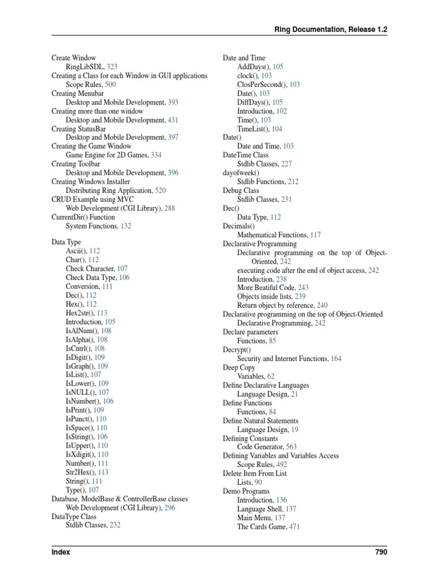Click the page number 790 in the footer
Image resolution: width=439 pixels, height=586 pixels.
380,552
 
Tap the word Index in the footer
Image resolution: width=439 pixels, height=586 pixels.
61,552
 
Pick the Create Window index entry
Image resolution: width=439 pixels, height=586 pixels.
74,58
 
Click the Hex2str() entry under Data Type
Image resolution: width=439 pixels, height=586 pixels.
80,313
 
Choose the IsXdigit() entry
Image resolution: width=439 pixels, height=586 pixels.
79,454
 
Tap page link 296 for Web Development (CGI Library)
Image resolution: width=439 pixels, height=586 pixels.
169,508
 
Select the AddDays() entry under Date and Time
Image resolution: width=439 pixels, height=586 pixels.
254,67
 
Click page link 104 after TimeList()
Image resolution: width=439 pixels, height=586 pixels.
277,129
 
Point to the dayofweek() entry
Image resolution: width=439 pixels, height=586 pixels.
241,173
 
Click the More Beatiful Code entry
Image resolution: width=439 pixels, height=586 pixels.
266,288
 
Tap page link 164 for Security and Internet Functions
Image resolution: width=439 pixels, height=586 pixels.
336,359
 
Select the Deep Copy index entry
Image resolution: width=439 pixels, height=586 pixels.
239,367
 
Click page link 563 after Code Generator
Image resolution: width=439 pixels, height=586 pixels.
290,447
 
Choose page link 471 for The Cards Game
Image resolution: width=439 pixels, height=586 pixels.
294,526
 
